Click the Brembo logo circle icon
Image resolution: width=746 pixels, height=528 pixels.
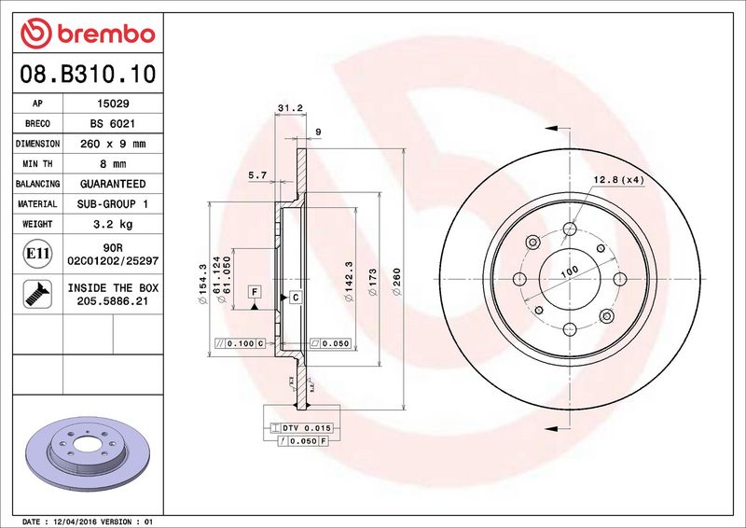35,34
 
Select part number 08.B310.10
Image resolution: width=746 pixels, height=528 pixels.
88,74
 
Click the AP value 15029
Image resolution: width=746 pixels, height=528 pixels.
113,104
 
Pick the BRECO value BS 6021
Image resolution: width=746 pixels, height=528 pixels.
113,123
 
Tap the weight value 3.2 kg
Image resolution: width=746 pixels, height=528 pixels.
113,224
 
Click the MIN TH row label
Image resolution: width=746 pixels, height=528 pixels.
37,164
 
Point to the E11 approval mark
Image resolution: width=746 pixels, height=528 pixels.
37,254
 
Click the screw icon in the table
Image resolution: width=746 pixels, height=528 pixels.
37,294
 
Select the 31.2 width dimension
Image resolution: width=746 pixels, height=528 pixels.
290,108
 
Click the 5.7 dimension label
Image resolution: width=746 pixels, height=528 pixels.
257,175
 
